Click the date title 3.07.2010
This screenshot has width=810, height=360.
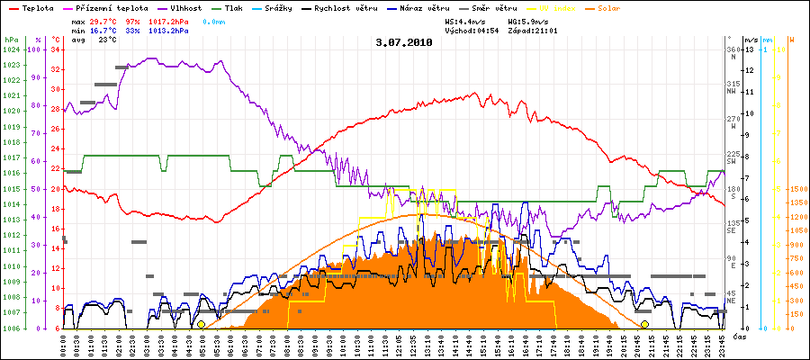pyautogui.click(x=404, y=42)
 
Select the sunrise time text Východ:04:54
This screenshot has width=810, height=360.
pyautogui.click(x=473, y=30)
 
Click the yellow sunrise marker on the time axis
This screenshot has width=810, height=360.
pyautogui.click(x=201, y=324)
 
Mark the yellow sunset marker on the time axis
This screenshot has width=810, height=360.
pyautogui.click(x=644, y=324)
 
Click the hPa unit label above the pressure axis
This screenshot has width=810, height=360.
pyautogui.click(x=11, y=40)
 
